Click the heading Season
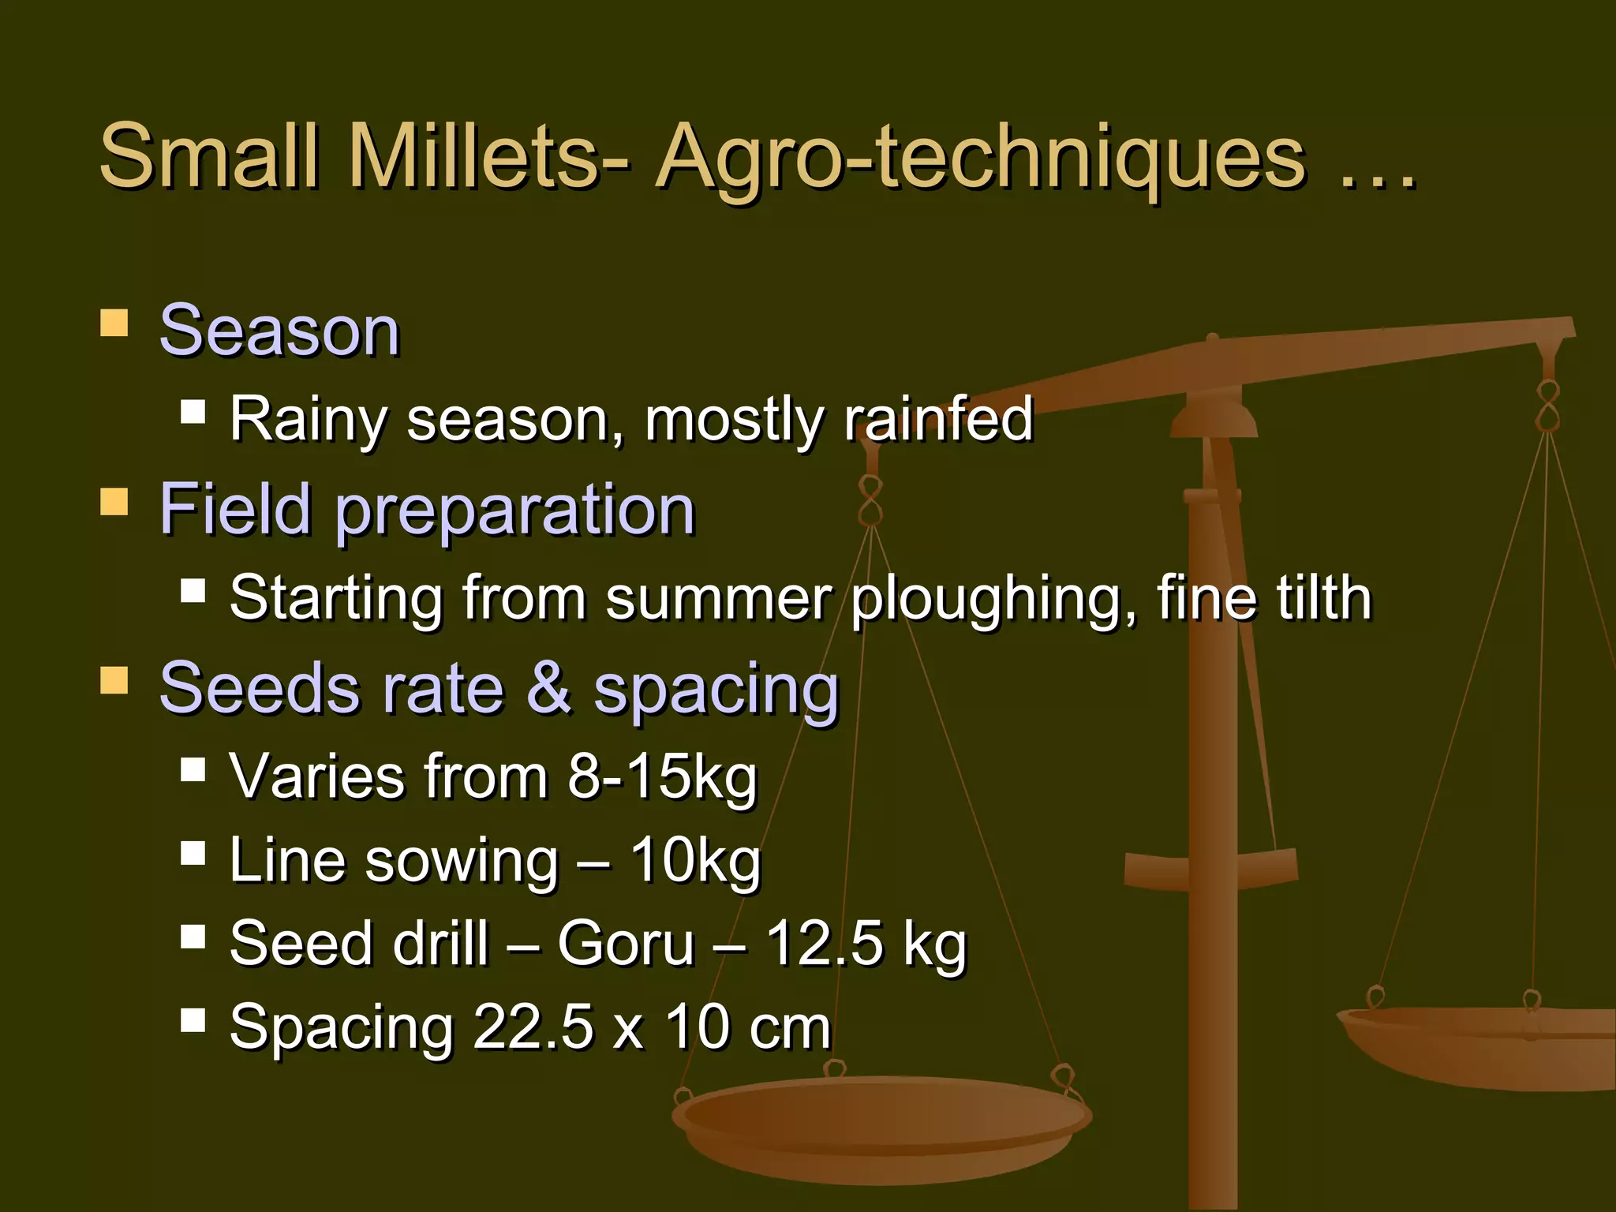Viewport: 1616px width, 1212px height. [x=279, y=331]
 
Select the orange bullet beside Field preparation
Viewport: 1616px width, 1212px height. [x=114, y=502]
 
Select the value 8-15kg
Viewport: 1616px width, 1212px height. [x=662, y=777]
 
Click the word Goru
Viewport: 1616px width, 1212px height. [x=625, y=945]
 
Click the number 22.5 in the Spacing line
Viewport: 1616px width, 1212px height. [x=533, y=1028]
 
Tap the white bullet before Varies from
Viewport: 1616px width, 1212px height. [x=193, y=769]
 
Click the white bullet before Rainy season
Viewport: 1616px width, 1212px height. [x=193, y=411]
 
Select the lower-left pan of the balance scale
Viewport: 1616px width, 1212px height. [x=880, y=1128]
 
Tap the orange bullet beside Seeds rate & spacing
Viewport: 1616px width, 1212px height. [x=114, y=680]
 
